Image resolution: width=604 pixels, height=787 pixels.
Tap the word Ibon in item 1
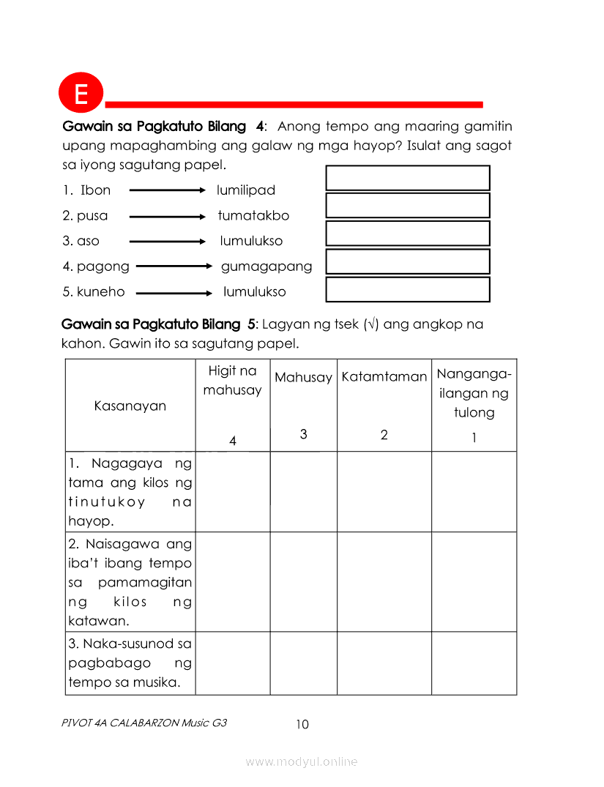(x=95, y=190)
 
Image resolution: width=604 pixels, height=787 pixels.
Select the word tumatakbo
(x=253, y=216)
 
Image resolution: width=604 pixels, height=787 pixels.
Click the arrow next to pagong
(x=174, y=266)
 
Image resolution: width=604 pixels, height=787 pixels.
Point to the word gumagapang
(x=266, y=266)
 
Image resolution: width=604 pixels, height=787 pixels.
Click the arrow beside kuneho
(x=174, y=292)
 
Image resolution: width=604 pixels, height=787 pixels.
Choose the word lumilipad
(x=246, y=190)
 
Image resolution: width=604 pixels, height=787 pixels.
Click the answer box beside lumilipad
(x=408, y=178)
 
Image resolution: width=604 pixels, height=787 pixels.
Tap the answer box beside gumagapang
(x=408, y=261)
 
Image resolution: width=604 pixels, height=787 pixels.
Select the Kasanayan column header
(x=130, y=406)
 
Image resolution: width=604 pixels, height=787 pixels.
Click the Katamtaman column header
(x=384, y=377)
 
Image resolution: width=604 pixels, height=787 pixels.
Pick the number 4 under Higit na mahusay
(x=233, y=441)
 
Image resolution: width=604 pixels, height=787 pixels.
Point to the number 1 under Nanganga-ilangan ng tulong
(x=474, y=439)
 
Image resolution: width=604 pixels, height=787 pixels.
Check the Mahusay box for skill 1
(x=303, y=491)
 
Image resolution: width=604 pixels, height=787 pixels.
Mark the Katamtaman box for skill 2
(x=384, y=582)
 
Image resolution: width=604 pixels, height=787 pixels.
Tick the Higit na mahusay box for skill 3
(x=233, y=663)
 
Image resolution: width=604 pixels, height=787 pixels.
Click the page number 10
(x=302, y=725)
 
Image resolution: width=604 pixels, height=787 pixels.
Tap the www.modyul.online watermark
(x=302, y=762)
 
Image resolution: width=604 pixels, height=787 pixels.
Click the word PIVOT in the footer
(x=76, y=723)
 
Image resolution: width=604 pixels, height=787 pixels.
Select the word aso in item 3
(x=88, y=241)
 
